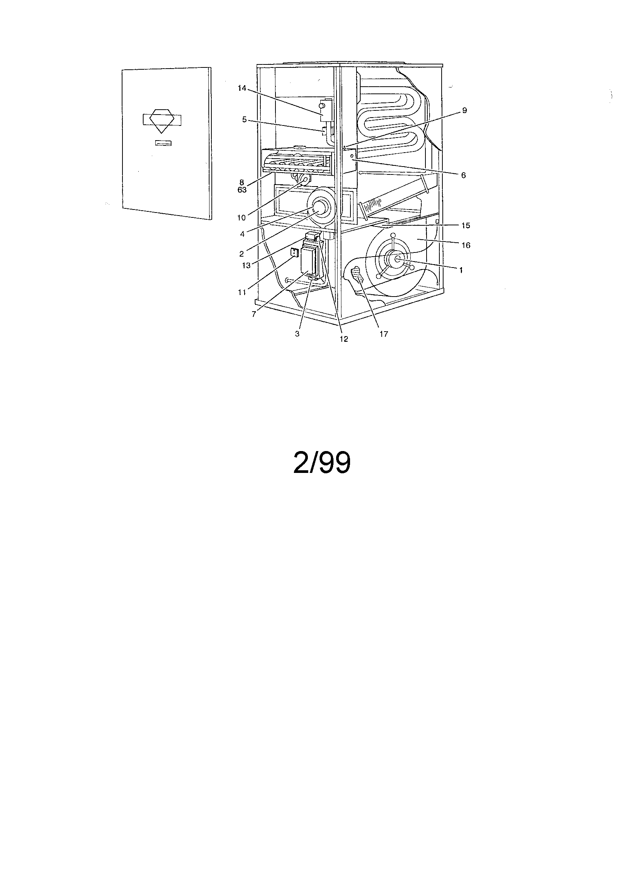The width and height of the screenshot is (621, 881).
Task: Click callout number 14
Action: [241, 88]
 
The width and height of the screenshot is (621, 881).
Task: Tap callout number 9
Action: [464, 110]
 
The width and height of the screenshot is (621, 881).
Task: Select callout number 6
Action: [463, 175]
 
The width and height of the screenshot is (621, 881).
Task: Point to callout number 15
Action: [465, 226]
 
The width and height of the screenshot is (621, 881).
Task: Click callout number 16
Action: [465, 245]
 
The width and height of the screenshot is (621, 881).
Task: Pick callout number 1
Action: [461, 270]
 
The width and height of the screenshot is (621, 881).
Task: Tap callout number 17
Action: [384, 334]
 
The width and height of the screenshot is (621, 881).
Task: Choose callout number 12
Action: [344, 339]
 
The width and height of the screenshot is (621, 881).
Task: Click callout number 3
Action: [297, 334]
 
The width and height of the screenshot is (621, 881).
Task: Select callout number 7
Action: [254, 314]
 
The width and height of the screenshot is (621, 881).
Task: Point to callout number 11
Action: [242, 292]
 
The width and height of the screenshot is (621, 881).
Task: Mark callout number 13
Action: [246, 265]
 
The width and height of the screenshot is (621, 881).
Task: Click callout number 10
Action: [241, 217]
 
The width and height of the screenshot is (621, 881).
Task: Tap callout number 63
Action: [242, 190]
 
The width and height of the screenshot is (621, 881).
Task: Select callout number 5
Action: [244, 120]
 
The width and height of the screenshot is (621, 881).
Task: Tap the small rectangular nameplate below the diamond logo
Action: [163, 143]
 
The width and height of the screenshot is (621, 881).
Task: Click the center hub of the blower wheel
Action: [396, 260]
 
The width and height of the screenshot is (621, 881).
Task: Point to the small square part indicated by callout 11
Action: [295, 252]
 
